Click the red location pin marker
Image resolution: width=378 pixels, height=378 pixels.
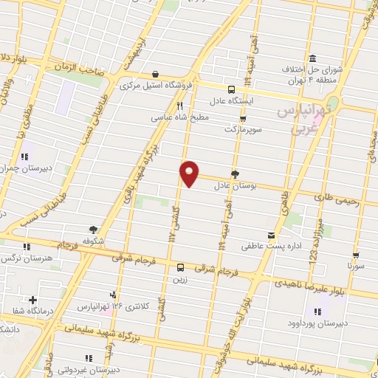click(190, 173)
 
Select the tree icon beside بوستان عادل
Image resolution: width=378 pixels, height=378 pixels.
click(235, 174)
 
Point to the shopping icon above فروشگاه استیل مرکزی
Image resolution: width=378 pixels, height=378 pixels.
click(156, 74)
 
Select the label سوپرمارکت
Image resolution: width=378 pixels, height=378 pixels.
click(243, 129)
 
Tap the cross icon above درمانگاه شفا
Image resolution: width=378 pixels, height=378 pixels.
click(32, 300)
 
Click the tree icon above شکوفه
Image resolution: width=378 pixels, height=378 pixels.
click(93, 230)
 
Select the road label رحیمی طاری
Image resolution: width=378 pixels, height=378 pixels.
click(336, 198)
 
